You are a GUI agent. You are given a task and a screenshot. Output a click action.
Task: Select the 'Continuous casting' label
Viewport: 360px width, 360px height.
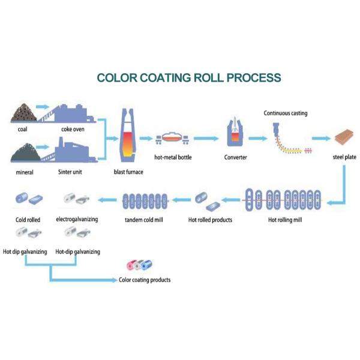click(x=285, y=113)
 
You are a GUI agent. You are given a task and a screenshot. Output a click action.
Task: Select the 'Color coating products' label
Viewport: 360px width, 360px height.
click(x=145, y=280)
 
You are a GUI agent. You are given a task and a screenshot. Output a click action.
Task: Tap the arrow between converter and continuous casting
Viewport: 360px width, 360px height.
click(x=257, y=139)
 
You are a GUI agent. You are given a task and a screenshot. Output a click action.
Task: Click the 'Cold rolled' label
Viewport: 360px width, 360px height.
click(x=28, y=220)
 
